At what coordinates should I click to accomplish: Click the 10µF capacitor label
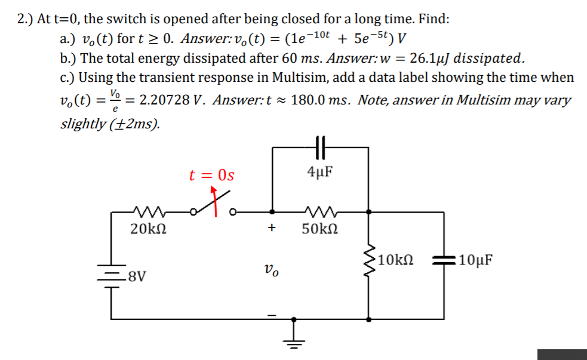[x=475, y=260]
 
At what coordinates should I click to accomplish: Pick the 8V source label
[x=137, y=277]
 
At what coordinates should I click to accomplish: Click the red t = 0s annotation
[x=211, y=176]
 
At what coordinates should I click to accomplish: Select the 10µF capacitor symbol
[x=442, y=260]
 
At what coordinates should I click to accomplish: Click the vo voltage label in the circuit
[x=272, y=272]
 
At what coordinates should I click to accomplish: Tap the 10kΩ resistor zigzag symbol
[x=370, y=260]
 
